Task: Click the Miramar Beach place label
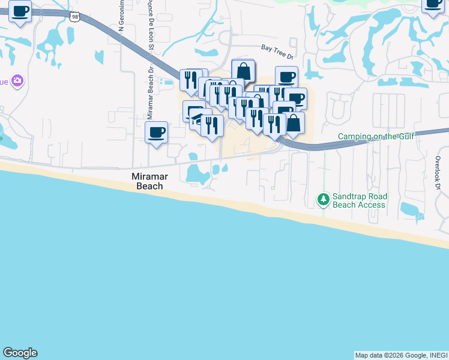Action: click(x=148, y=181)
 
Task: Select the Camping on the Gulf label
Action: click(x=376, y=136)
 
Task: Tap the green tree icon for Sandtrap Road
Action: click(x=324, y=199)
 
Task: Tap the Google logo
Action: click(x=20, y=353)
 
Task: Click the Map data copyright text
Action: click(x=401, y=355)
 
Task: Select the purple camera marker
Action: click(x=17, y=80)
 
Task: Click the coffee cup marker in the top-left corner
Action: click(x=20, y=11)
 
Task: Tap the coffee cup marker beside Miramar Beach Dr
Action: click(x=156, y=132)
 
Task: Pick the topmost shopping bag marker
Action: click(x=243, y=70)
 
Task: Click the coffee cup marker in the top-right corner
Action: click(x=432, y=3)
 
